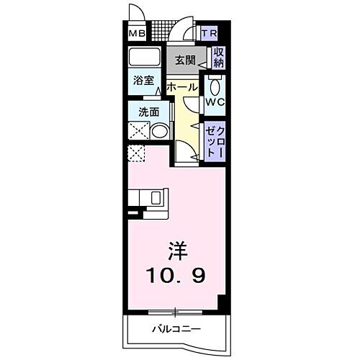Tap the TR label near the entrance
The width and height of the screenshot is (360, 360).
pos(209,34)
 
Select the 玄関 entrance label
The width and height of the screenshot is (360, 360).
pos(183,60)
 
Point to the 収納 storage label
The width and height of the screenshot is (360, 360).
pos(218,58)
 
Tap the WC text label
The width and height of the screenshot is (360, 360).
pos(215,102)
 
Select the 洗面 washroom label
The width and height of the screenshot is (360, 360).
pos(140,112)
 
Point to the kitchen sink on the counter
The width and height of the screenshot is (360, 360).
pos(155,197)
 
